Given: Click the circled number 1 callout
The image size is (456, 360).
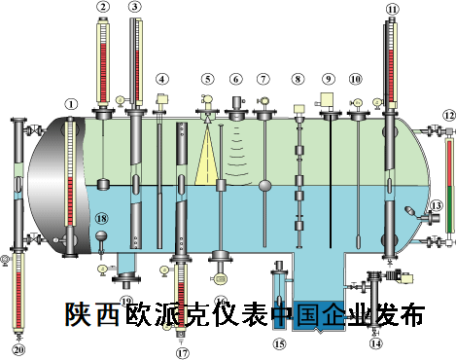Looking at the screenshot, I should coord(69,102).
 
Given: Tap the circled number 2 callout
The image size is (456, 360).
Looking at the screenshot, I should coord(103,9).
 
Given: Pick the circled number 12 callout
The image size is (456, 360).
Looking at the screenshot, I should coord(448,115).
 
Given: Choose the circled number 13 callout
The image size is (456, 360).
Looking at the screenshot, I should coord(436,205).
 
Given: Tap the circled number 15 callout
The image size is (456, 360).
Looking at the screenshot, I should coord(280,342).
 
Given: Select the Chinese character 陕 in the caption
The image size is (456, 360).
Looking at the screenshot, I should coord(78,314).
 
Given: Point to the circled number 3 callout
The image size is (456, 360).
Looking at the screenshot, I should coord(134,9).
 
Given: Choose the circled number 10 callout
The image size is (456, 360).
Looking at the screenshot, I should coord(355,78).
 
